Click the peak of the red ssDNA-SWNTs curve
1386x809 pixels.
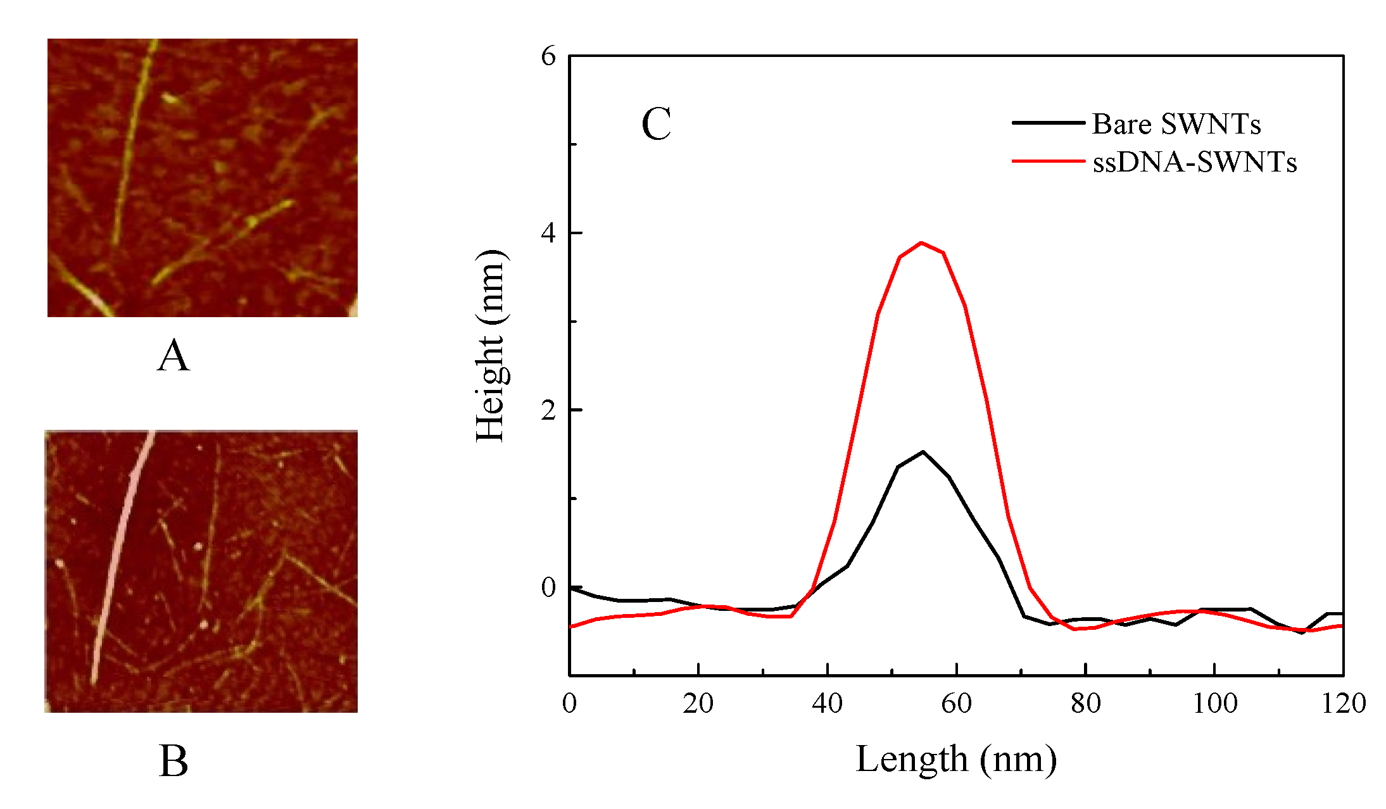coord(921,242)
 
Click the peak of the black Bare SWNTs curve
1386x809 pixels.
coord(923,452)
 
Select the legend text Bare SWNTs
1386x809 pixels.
coord(1176,124)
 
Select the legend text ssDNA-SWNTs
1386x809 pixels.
coord(1194,163)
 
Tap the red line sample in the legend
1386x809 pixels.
coord(1048,161)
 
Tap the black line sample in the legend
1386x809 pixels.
coord(1048,123)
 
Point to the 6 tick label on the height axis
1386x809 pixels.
coord(548,56)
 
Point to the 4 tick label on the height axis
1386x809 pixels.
coord(548,233)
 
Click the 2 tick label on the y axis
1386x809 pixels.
coord(548,410)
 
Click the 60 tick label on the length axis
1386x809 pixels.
coord(956,703)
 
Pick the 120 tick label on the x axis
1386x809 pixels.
coord(1343,703)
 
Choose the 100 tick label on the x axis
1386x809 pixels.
coord(1214,703)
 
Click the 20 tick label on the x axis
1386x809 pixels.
coord(698,703)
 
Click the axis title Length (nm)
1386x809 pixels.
coord(956,758)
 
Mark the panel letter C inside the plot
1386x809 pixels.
coord(656,124)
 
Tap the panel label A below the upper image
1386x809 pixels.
coord(173,356)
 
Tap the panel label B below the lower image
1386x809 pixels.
coord(173,761)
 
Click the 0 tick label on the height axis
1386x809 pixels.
coord(548,587)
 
